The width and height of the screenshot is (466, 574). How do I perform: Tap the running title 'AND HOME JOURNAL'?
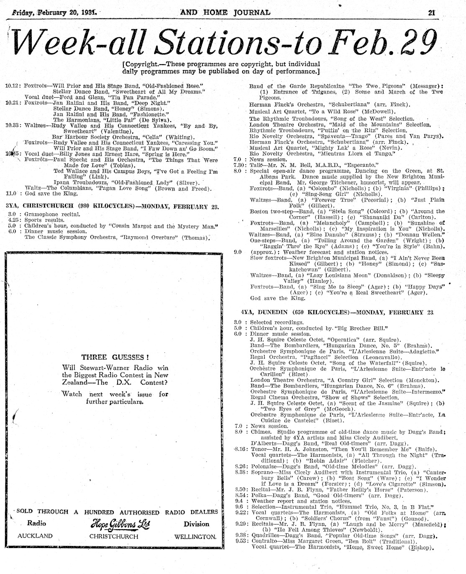[225, 12]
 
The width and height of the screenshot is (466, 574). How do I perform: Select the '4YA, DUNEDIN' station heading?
[261, 313]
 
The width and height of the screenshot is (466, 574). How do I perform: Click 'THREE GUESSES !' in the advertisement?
[115, 357]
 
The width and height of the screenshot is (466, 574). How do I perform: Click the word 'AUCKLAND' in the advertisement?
[35, 536]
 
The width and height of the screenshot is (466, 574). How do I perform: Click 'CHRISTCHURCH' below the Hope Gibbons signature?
[114, 536]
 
